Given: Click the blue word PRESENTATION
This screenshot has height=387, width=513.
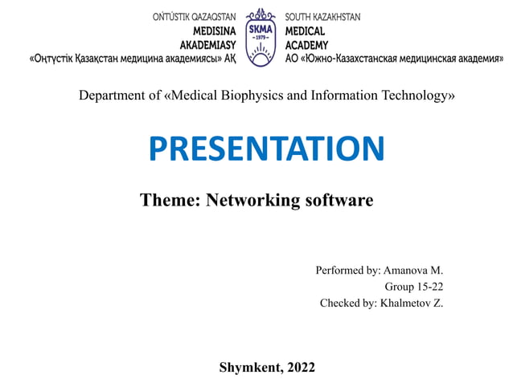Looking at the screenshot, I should [x=267, y=149].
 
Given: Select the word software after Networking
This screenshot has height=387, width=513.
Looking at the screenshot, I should [x=339, y=200].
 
